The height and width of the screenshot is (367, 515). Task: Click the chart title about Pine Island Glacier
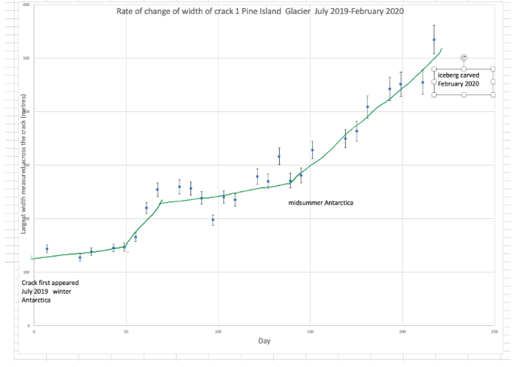click(260, 12)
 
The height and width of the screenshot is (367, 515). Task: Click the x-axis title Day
click(264, 341)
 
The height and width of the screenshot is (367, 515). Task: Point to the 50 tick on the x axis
click(126, 331)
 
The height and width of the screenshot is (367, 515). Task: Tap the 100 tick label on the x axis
click(218, 331)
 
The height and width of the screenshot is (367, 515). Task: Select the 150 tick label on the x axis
click(310, 331)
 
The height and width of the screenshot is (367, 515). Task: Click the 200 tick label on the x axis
click(402, 331)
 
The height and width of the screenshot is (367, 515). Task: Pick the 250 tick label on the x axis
click(494, 331)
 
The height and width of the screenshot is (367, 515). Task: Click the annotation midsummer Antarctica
click(321, 202)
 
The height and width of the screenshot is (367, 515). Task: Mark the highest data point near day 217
click(434, 40)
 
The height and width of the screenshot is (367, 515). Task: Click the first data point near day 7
click(47, 249)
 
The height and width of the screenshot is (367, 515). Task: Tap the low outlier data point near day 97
click(212, 220)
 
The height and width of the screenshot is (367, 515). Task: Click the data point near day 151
click(312, 150)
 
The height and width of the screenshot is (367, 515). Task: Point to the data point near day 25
click(80, 257)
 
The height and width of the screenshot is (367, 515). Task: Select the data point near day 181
click(368, 107)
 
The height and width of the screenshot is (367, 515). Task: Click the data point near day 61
click(147, 208)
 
